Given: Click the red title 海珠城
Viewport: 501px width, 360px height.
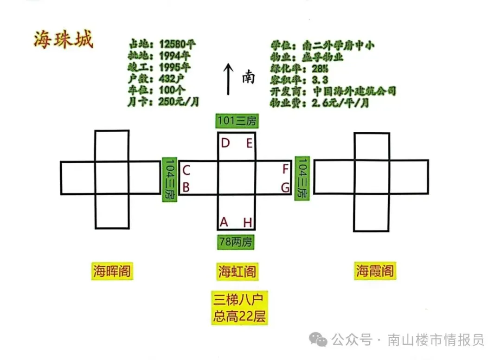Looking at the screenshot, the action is [63, 40].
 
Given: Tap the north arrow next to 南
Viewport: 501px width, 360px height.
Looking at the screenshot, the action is [228, 79].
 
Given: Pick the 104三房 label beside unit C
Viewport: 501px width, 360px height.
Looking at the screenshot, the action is [169, 179].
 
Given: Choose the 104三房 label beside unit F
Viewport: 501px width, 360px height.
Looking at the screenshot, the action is [302, 178].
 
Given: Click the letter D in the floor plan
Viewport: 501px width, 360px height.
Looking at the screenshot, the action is [225, 143].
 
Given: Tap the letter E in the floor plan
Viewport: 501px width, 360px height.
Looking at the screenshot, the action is [249, 143].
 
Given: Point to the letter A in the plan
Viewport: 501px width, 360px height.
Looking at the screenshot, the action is [224, 223].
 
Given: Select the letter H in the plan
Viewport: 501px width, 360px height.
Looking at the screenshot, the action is [248, 223].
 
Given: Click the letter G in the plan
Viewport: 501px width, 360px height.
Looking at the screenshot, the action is [285, 187].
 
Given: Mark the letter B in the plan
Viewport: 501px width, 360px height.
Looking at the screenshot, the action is [186, 187].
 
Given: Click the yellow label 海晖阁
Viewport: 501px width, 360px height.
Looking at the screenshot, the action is [112, 271].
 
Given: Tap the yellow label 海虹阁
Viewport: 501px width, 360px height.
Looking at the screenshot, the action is [237, 271].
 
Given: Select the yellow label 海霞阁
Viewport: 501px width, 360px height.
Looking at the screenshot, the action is [375, 270].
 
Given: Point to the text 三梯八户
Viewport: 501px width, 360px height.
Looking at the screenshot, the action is [239, 299].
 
